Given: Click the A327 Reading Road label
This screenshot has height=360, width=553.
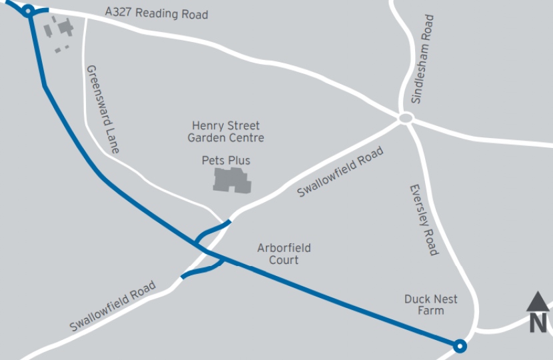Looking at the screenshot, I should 157,14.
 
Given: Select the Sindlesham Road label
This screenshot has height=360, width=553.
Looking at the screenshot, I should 422,59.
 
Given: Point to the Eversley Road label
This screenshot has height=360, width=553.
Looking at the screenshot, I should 423,220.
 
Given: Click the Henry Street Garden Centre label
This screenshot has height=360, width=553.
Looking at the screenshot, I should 226,131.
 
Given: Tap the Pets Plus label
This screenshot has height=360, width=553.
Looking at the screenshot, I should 226,161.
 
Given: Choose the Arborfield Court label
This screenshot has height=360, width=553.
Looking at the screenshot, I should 284,254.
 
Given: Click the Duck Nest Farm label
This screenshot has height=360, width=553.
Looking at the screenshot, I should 430,305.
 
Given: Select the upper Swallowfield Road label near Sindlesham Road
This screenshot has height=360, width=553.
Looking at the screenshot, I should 340,173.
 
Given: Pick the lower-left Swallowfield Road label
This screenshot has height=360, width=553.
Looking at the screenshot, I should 113,307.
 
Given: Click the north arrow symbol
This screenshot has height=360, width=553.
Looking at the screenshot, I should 538,301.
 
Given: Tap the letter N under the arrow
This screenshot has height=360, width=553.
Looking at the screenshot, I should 538,323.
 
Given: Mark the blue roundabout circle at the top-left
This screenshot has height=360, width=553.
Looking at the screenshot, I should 28,11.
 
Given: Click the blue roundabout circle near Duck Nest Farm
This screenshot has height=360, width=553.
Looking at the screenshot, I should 458,345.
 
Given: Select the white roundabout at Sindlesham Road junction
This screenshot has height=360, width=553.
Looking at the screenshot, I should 405,119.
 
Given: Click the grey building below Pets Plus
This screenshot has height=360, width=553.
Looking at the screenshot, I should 232,180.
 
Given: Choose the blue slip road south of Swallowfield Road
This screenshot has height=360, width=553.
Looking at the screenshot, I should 203,271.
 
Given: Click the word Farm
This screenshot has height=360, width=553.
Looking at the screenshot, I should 430,311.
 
